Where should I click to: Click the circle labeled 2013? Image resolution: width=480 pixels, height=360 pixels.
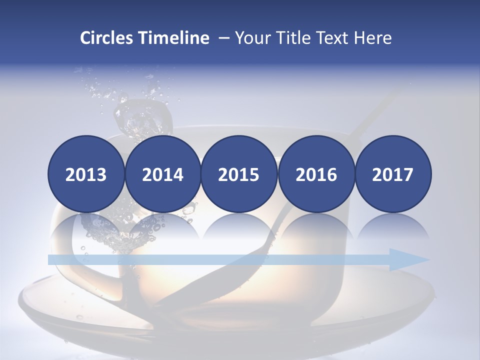point(86,174)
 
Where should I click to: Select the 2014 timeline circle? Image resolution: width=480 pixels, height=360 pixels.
point(162,174)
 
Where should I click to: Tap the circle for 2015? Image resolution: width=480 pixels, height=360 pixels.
point(239,174)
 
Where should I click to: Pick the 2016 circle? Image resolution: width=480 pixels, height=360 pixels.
point(316,174)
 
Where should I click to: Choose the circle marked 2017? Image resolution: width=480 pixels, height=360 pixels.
point(392,174)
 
